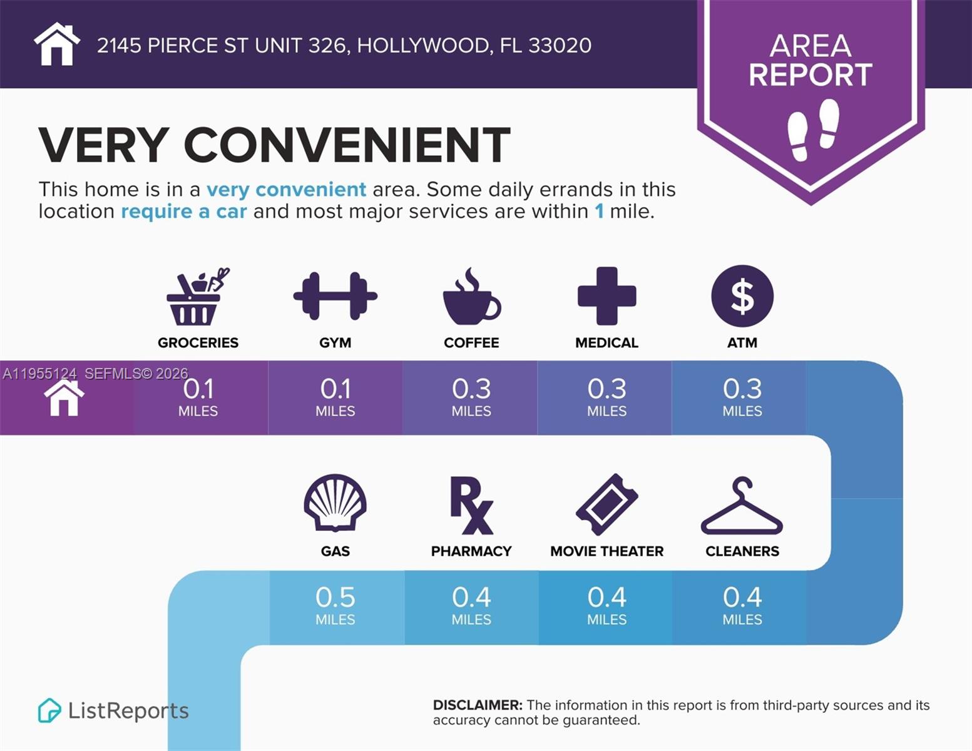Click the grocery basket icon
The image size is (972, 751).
click(x=196, y=297)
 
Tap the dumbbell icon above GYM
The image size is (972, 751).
click(x=335, y=296)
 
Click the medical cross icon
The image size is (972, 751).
click(x=606, y=296)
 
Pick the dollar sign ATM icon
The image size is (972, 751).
click(x=742, y=296)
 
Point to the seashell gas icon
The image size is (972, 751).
click(x=335, y=502)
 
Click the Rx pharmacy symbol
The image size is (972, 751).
click(x=471, y=505)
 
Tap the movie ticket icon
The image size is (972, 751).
click(x=606, y=504)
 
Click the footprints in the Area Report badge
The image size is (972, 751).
click(x=812, y=129)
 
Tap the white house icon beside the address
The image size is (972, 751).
click(x=57, y=44)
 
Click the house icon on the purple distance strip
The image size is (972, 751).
click(x=64, y=398)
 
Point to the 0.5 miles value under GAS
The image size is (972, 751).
click(x=335, y=598)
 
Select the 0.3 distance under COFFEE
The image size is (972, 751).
click(x=471, y=389)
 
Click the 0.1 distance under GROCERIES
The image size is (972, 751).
click(x=198, y=389)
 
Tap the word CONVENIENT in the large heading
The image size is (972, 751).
click(x=347, y=145)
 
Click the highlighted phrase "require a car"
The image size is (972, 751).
click(x=184, y=212)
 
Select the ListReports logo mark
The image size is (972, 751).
click(x=49, y=710)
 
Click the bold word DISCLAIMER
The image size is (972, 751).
click(x=478, y=705)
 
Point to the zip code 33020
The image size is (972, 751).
click(x=560, y=46)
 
